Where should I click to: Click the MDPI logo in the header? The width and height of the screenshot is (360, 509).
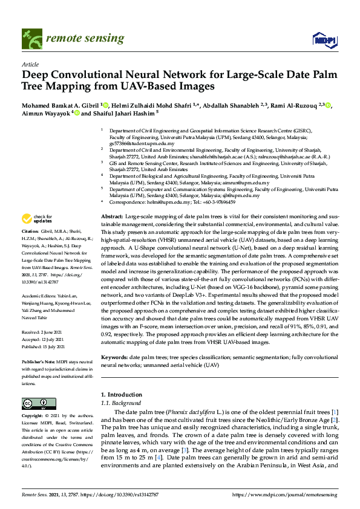tap(324, 39)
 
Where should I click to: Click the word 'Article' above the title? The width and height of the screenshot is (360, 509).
tap(30, 63)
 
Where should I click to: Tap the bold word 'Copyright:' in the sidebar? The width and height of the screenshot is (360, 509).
tap(33, 417)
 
